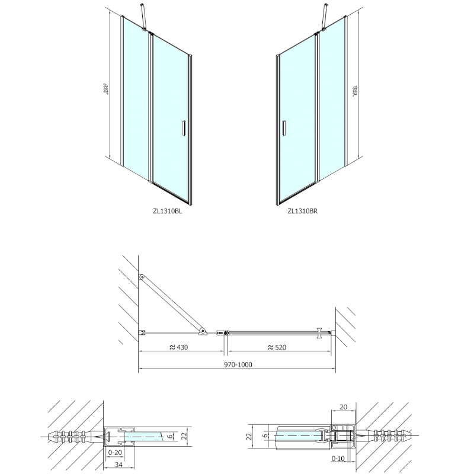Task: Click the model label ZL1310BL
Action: click(168, 210)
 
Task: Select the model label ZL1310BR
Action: click(303, 210)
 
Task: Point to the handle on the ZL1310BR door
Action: click(285, 129)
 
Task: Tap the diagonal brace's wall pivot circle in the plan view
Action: click(142, 277)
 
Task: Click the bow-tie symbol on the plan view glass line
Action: click(321, 332)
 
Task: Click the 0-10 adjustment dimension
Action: click(338, 459)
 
